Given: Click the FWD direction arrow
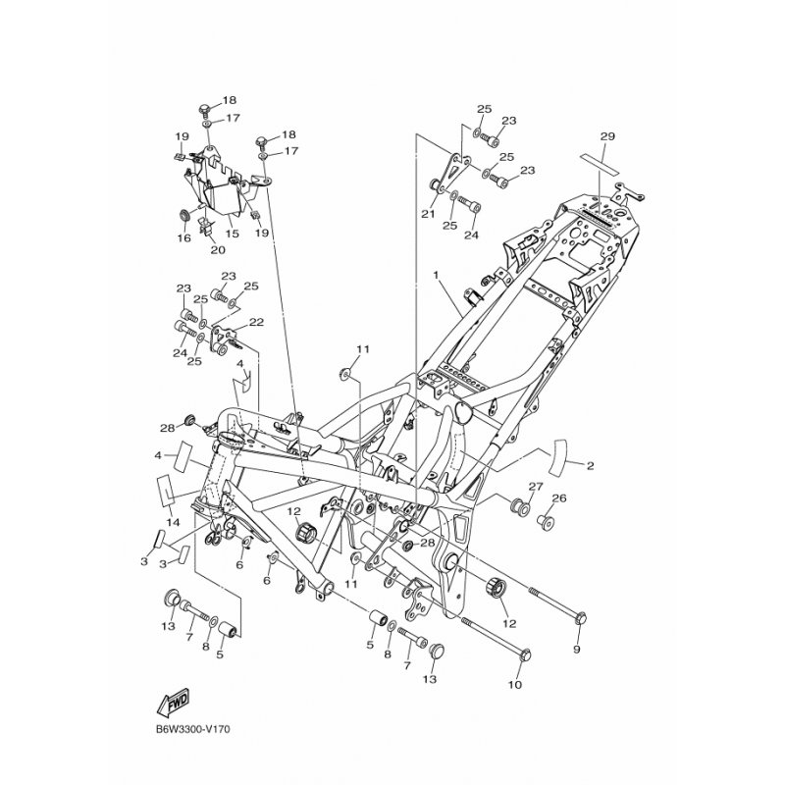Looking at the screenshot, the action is pos(173,702).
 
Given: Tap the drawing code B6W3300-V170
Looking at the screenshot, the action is pos(192,729).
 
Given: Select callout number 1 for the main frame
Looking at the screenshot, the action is pos(436,275).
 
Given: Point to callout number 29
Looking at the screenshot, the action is pos(607,136).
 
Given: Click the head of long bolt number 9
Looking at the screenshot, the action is pos(581,618).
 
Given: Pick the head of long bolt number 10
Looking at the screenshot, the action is pos(525,654).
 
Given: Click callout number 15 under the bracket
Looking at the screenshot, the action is pos(232,234).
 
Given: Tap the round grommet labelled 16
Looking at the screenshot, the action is pos(185,216).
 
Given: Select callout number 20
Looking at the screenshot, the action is pos(218,249).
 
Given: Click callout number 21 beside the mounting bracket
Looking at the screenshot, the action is pos(428,214).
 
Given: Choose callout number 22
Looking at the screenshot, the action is pos(256,322).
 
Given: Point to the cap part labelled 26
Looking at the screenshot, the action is pos(546,522).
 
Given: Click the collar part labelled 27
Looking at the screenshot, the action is pos(519,506).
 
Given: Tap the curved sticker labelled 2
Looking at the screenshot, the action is pos(559,456).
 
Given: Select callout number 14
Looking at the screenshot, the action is pos(173,522).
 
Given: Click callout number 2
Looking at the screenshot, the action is pos(591,465).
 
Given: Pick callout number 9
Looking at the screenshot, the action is pos(576,650).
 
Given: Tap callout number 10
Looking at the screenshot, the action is pos(514,684).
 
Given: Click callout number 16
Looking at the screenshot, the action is pos(184,237).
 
